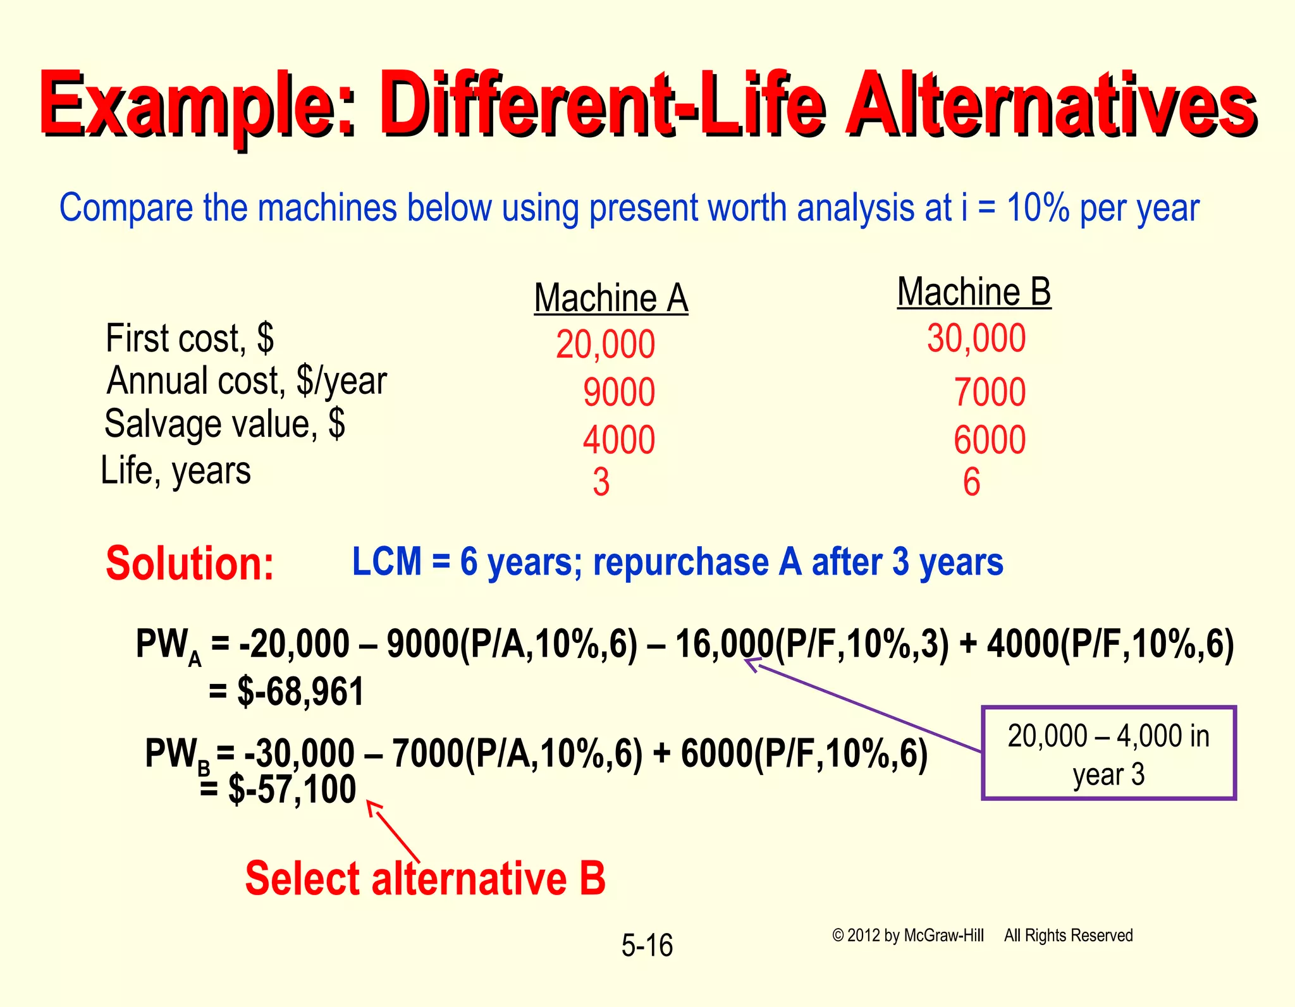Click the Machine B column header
(974, 292)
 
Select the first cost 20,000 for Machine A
(605, 345)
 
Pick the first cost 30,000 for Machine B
(976, 338)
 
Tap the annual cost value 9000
(618, 392)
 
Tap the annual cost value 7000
(989, 392)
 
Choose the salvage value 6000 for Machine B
(989, 440)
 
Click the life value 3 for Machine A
(601, 482)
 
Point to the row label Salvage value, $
(224, 424)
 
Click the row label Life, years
(176, 471)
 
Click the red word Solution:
(190, 563)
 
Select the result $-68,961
(300, 692)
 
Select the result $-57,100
(292, 790)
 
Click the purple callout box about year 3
(1108, 754)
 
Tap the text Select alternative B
(425, 879)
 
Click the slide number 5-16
(647, 946)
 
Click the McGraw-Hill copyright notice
(981, 936)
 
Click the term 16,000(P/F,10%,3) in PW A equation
(812, 645)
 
